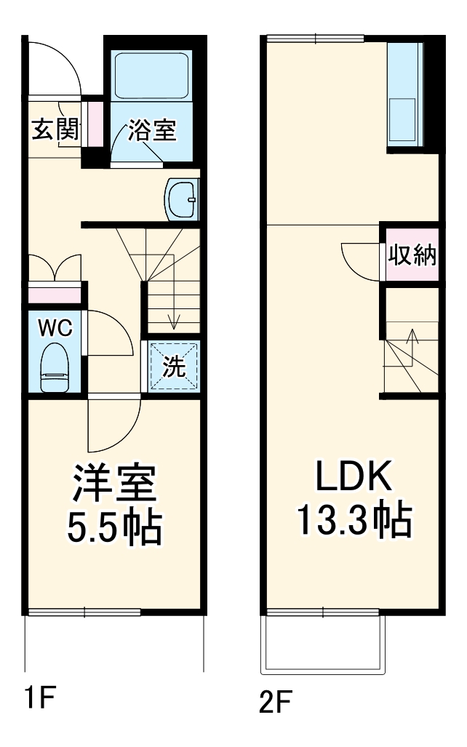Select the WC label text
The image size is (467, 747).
click(55, 328)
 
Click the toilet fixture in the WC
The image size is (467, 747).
click(55, 367)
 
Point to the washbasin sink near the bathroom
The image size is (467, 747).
click(182, 198)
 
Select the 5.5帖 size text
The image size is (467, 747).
click(114, 528)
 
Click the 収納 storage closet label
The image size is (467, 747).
click(411, 255)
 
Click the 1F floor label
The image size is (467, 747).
click(41, 700)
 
